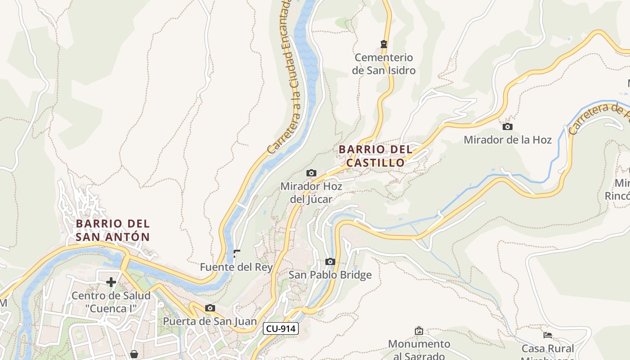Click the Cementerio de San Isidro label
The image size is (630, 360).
pyautogui.click(x=383, y=64)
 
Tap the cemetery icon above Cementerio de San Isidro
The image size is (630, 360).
pyautogui.click(x=384, y=44)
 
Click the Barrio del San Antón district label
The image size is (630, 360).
pyautogui.click(x=112, y=230)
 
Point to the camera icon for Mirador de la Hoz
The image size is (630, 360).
pyautogui.click(x=508, y=126)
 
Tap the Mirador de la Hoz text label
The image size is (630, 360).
pyautogui.click(x=508, y=140)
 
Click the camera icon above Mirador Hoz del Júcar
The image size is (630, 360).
pyautogui.click(x=311, y=173)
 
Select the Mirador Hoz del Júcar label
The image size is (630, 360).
pyautogui.click(x=311, y=193)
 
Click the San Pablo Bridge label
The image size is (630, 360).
pyautogui.click(x=330, y=275)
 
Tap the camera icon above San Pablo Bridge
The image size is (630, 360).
pyautogui.click(x=330, y=261)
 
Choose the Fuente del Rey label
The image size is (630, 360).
pyautogui.click(x=236, y=267)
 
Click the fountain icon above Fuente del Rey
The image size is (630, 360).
pyautogui.click(x=236, y=254)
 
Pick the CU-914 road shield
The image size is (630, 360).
pyautogui.click(x=281, y=328)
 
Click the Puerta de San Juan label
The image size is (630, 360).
pyautogui.click(x=210, y=321)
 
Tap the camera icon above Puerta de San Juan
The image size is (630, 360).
pyautogui.click(x=210, y=308)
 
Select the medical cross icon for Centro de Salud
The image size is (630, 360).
pyautogui.click(x=111, y=282)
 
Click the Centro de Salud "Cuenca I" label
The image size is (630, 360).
pyautogui.click(x=111, y=302)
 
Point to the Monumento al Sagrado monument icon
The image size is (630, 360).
pyautogui.click(x=419, y=331)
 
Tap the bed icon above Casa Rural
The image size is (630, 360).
pyautogui.click(x=548, y=335)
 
